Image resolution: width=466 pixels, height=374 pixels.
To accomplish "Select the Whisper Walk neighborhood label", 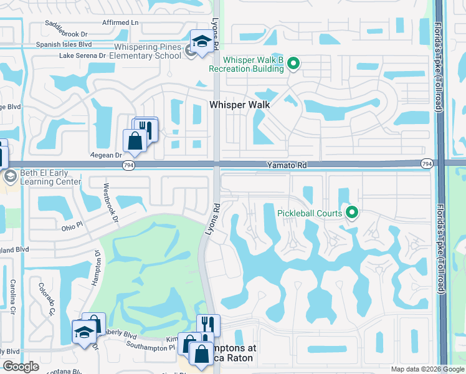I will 240,105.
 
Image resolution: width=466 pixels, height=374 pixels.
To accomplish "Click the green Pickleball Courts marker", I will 352,213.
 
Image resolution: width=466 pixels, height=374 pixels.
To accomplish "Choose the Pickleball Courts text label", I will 310,213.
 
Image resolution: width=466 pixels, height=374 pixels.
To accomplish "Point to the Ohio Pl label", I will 72,227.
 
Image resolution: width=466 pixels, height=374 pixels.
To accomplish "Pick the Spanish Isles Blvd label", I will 64,44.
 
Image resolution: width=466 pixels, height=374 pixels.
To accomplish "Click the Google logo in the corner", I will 21,367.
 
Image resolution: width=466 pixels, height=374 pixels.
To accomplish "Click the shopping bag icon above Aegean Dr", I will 135,141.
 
